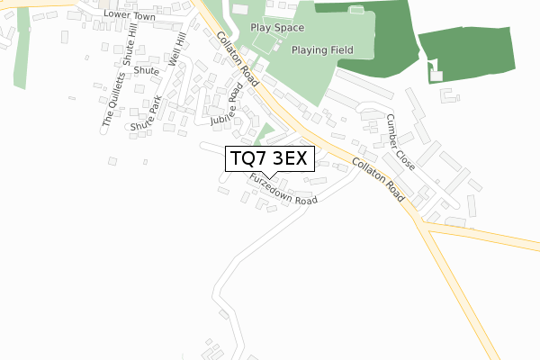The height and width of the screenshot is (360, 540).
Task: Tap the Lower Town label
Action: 130,15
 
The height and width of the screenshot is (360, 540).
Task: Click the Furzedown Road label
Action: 284,189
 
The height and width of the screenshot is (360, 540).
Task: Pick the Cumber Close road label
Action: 400,143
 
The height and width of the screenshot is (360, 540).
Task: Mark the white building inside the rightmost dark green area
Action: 438,72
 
